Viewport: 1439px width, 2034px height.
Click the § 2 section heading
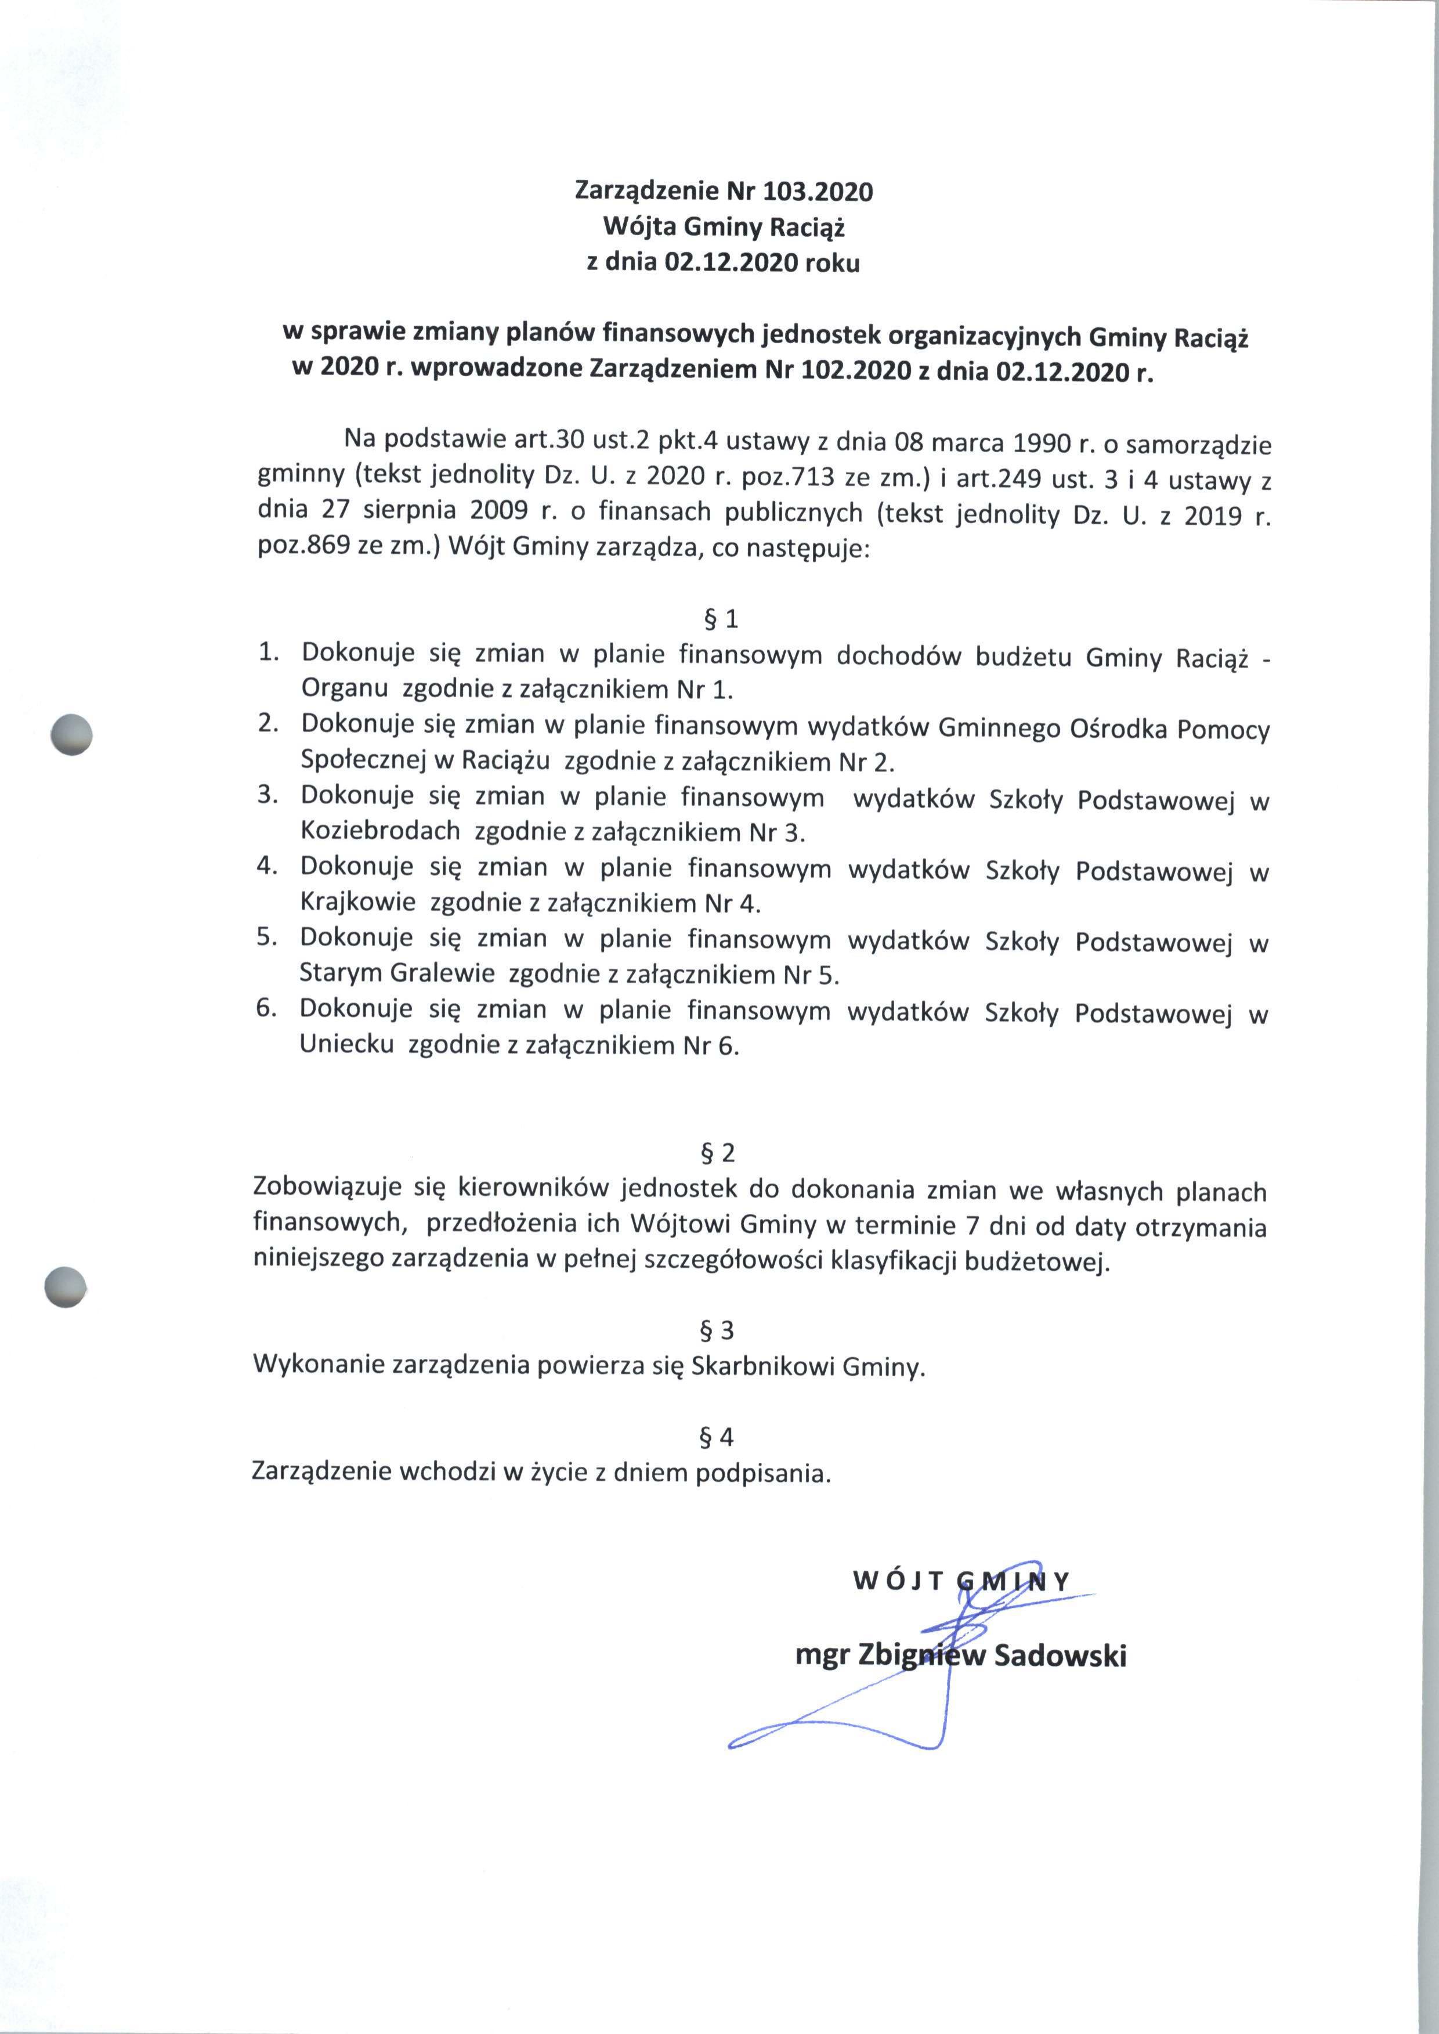click(718, 1152)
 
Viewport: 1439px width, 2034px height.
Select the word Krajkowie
click(358, 903)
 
